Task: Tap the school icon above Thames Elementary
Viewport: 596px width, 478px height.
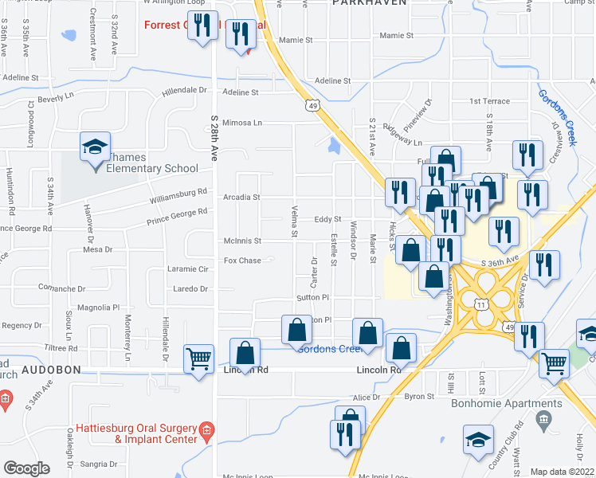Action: [x=94, y=148]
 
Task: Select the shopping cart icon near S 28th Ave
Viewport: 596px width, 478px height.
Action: [x=198, y=358]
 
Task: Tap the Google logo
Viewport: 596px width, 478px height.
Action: [x=26, y=468]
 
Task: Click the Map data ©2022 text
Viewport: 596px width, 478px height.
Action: [x=562, y=472]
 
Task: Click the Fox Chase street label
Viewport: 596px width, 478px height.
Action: [x=242, y=261]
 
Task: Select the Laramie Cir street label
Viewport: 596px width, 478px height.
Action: [x=188, y=269]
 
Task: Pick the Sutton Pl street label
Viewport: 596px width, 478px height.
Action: [x=313, y=296]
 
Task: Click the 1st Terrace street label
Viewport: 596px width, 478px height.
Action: [x=488, y=101]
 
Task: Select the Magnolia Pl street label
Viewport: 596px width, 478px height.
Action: [x=97, y=307]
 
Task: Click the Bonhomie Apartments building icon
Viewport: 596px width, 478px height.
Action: [x=545, y=419]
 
